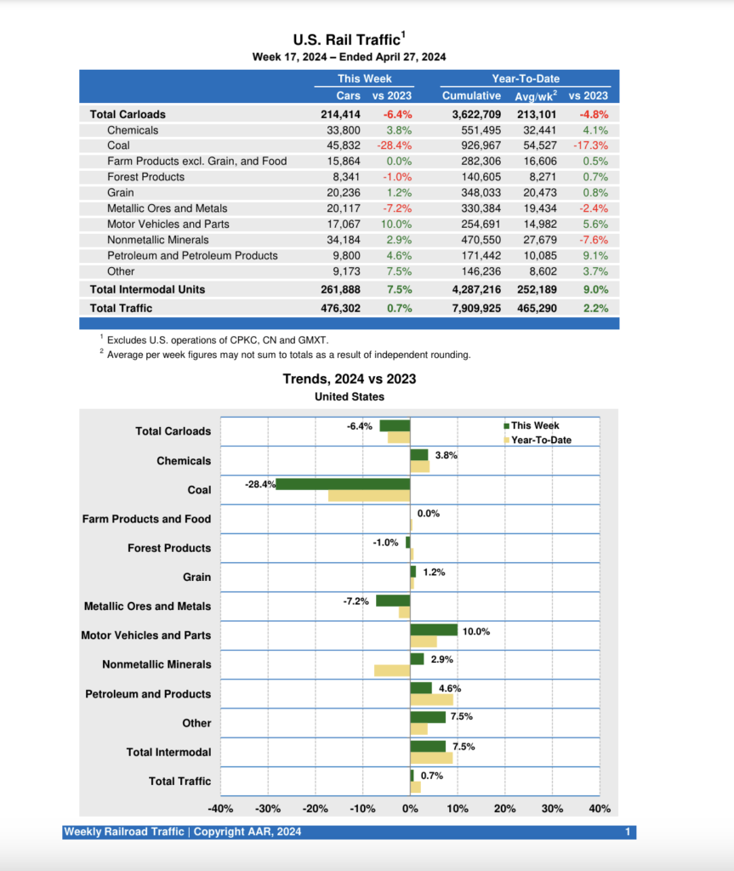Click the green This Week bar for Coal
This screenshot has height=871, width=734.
343,484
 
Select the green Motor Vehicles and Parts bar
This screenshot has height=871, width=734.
434,629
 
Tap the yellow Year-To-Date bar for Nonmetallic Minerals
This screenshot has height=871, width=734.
392,670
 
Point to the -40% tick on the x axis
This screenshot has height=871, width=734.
220,808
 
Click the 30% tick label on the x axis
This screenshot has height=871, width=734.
552,808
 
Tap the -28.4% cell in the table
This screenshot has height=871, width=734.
395,145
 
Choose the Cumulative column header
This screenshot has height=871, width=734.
471,95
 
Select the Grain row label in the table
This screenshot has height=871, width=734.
122,192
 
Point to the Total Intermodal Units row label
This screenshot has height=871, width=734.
147,289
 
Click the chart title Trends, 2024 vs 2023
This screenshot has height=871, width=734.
350,379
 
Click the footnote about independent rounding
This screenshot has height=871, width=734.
288,355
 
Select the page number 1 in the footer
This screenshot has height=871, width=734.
627,832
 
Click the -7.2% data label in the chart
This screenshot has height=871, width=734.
356,601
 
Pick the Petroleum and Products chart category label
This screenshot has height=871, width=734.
148,693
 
